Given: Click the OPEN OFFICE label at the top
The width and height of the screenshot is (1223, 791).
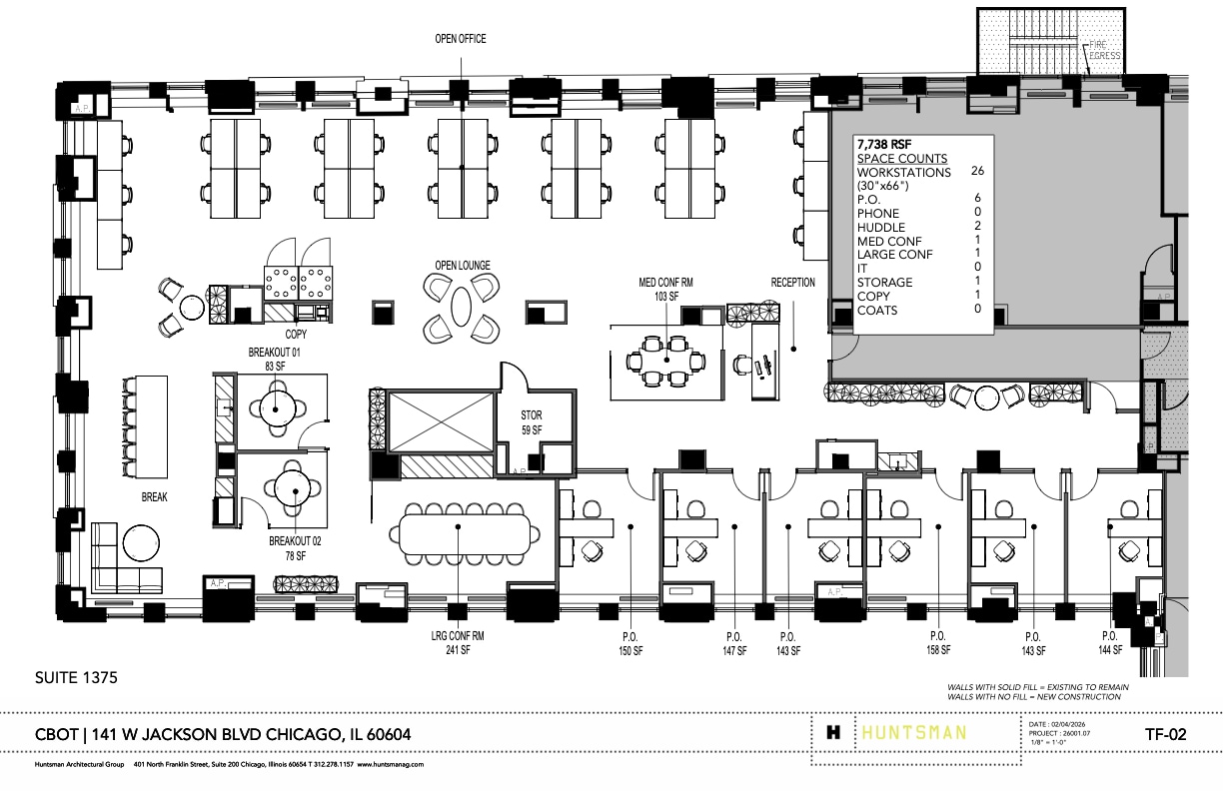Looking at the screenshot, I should pos(460,39).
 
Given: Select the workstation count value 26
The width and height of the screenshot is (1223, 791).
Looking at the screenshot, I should pos(977,172).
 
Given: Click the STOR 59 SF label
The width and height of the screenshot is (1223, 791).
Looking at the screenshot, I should pos(531,422).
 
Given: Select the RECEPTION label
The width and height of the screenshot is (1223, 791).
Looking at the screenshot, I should pos(792,283).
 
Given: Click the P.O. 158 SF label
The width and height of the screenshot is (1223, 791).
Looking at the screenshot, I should pos(937,643).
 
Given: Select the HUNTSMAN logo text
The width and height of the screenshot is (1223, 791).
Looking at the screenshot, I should pos(913,732).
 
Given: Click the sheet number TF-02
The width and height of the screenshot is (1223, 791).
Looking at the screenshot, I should pos(1165,734).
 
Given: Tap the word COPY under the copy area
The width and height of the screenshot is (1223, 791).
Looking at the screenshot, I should pos(296,334).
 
